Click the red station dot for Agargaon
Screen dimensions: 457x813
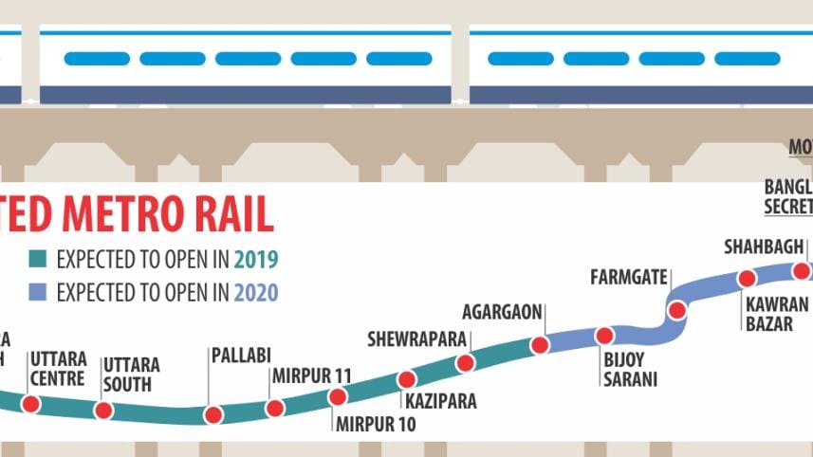pos(540,345)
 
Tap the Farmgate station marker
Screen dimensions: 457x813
pos(677,310)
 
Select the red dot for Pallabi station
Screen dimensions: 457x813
pos(213,414)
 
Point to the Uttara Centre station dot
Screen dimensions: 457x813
pos(31,404)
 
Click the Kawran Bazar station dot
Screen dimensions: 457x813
pos(747,279)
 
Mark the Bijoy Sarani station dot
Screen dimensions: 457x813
pos(604,336)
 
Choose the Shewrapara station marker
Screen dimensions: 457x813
pos(465,363)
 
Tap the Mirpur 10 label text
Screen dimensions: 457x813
pos(376,424)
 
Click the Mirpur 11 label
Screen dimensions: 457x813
pos(311,375)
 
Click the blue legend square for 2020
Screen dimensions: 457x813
pos(37,292)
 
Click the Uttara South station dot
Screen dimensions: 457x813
pos(103,411)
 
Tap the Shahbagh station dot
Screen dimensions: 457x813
pos(802,271)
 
